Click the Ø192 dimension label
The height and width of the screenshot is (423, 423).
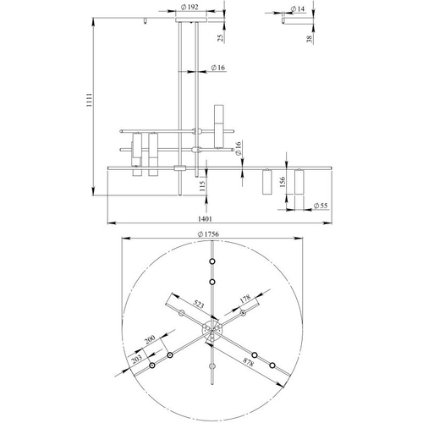(190, 7)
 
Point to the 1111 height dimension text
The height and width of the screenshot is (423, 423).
(89, 100)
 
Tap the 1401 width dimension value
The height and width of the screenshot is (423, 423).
(205, 219)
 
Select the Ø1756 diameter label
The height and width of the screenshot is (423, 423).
(208, 234)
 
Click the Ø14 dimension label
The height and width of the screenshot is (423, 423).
(298, 9)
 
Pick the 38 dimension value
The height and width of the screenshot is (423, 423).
(310, 39)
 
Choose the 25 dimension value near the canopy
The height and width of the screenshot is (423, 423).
(221, 38)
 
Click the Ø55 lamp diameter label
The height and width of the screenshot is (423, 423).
(321, 206)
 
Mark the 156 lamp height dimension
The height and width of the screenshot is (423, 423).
(283, 182)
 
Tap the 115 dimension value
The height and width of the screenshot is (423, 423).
(202, 186)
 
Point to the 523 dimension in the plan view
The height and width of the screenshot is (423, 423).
(199, 305)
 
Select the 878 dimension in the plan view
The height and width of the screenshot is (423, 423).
(248, 362)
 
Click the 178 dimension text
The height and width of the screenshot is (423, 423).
(245, 299)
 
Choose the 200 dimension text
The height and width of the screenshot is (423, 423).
(150, 339)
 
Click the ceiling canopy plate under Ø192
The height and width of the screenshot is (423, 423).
(191, 19)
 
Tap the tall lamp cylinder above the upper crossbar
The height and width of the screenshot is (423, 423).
(219, 127)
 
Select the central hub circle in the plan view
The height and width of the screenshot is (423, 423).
(212, 330)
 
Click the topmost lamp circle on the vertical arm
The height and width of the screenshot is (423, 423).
(212, 261)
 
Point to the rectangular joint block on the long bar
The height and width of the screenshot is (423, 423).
(180, 168)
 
